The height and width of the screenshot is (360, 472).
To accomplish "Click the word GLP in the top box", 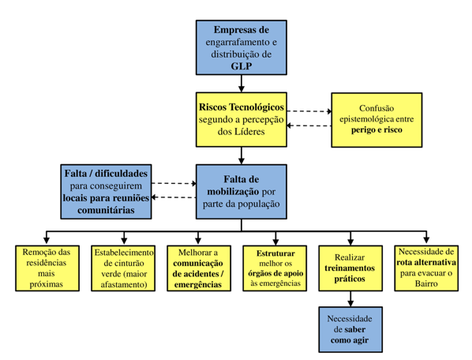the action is click(241, 66).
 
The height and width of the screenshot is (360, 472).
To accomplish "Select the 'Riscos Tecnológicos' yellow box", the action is click(241, 119).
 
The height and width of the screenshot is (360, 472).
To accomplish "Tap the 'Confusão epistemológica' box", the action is click(376, 120).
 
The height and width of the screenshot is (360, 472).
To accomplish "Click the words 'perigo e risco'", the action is click(376, 130).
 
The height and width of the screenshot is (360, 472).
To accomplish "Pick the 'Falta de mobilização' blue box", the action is click(241, 192).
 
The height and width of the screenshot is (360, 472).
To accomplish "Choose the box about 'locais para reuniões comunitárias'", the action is click(106, 192).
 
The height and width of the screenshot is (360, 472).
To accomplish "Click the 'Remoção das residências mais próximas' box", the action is click(47, 268).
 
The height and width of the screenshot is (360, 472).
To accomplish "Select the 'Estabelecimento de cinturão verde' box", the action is click(123, 268).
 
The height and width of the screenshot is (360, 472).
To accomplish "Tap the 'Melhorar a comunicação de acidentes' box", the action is click(199, 268).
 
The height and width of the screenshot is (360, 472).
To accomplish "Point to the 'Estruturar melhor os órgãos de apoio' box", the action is click(275, 268).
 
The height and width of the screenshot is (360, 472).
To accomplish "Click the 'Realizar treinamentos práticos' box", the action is click(350, 268).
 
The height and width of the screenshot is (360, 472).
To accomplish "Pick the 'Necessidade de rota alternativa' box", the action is click(426, 268).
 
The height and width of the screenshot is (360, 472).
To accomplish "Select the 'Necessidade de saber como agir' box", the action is click(350, 329).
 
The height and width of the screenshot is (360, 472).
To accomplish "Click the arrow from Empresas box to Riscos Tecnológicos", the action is click(241, 84).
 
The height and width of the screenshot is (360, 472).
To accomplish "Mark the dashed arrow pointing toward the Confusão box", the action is click(309, 111).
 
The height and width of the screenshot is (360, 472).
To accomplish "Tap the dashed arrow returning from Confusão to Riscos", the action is click(309, 126).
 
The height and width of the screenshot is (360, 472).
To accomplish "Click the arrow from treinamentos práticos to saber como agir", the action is click(350, 299).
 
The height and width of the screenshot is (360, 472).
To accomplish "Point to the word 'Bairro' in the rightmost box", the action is click(426, 283).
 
